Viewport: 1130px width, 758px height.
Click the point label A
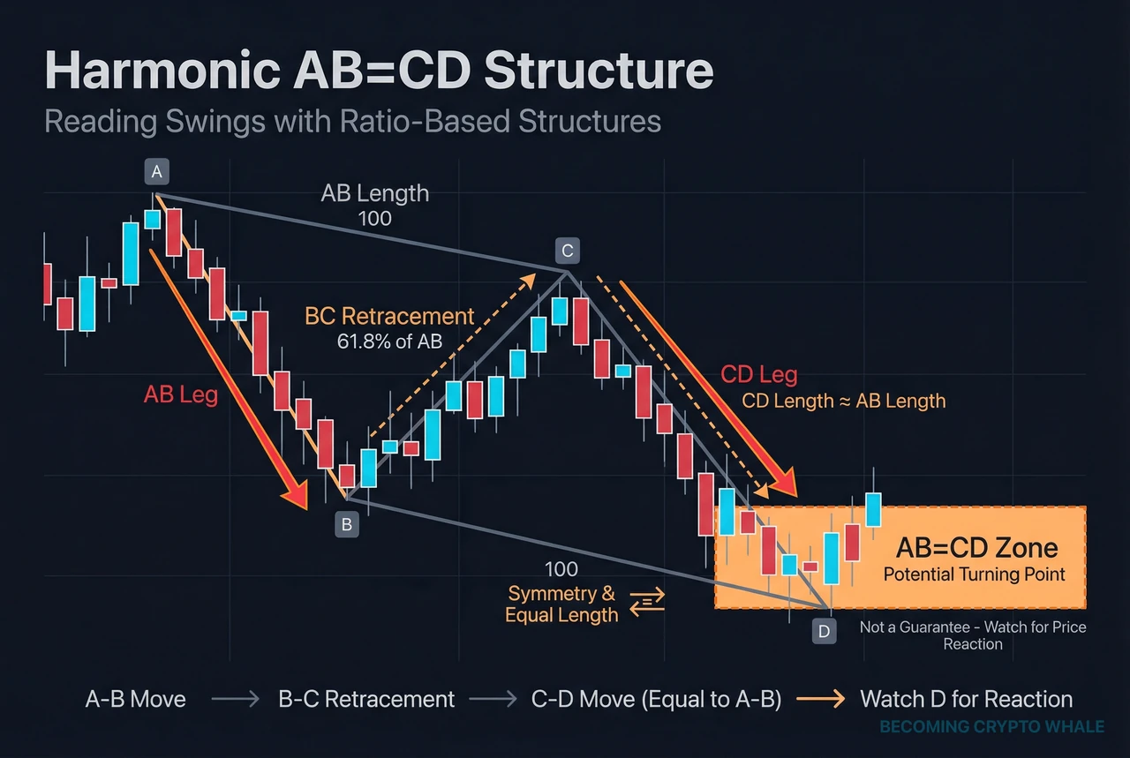[x=157, y=171]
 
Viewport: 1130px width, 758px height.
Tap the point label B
[x=347, y=524]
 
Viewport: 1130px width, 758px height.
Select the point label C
[x=568, y=251]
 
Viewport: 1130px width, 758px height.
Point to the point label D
[x=825, y=631]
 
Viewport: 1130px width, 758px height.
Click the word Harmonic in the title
[x=162, y=70]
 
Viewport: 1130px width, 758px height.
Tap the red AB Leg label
[x=181, y=394]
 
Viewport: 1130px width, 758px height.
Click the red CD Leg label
[x=758, y=374]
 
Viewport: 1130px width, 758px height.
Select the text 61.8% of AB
[x=389, y=341]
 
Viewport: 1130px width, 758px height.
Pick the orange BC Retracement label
[x=389, y=317]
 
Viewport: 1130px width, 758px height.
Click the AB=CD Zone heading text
[x=976, y=548]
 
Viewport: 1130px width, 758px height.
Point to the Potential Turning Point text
[x=974, y=574]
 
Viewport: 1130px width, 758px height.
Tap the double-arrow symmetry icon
[x=647, y=602]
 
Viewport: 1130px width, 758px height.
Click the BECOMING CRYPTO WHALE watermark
[x=992, y=727]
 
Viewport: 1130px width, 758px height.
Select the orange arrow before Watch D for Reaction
[x=821, y=699]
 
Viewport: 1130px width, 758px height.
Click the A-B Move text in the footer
[x=135, y=700]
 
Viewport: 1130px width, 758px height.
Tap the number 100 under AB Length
[x=375, y=219]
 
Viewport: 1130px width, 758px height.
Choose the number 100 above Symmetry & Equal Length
[x=561, y=569]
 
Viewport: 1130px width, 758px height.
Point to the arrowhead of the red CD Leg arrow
[x=786, y=483]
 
